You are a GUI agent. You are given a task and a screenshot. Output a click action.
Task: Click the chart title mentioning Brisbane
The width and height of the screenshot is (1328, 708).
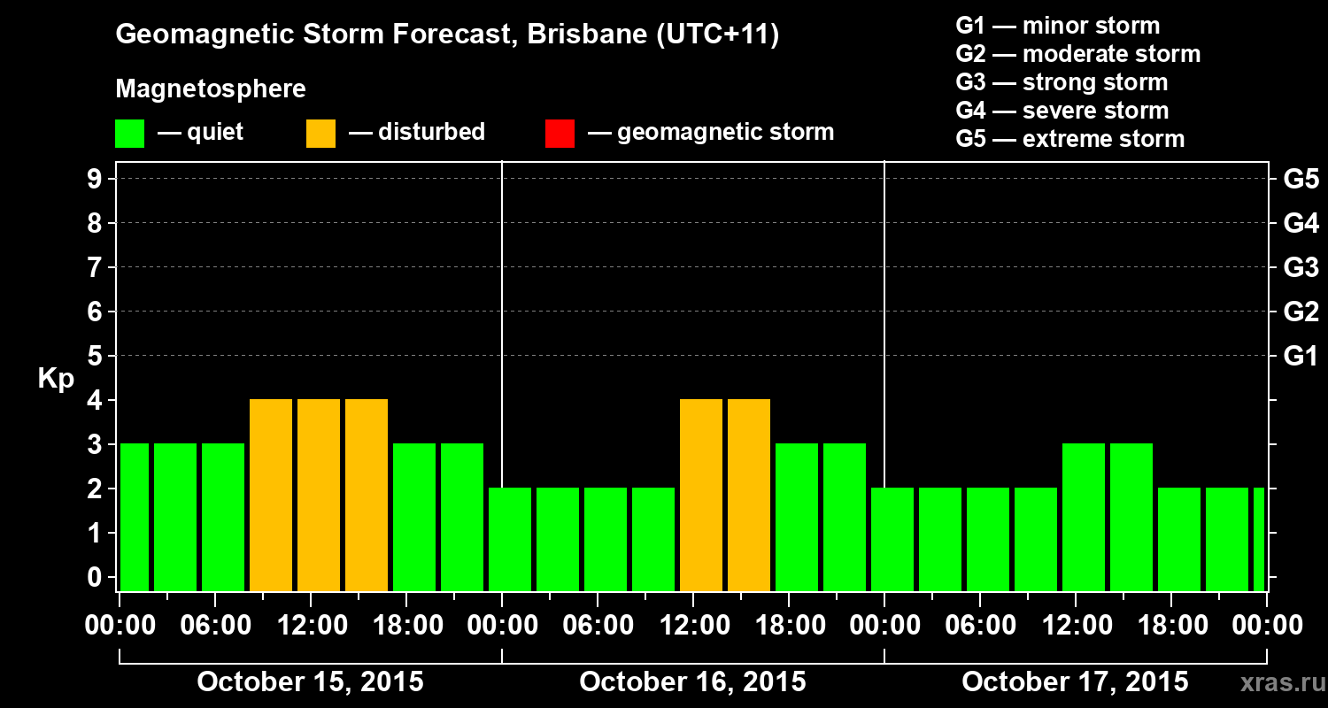pyautogui.click(x=447, y=35)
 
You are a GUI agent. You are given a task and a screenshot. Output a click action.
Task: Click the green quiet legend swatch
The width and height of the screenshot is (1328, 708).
pyautogui.click(x=129, y=134)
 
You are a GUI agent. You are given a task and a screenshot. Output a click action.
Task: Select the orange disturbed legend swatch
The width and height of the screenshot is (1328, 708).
pyautogui.click(x=320, y=134)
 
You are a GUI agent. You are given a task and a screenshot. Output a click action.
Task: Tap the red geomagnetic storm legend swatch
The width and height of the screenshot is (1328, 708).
pyautogui.click(x=560, y=134)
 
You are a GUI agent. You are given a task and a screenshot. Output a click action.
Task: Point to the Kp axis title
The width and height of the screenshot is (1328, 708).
pyautogui.click(x=55, y=379)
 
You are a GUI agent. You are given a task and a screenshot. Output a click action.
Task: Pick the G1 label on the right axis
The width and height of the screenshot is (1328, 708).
pyautogui.click(x=1301, y=357)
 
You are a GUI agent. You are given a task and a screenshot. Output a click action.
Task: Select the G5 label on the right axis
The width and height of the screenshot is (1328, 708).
pyautogui.click(x=1301, y=180)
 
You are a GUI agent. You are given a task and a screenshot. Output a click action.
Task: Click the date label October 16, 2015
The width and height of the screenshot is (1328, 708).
pyautogui.click(x=692, y=682)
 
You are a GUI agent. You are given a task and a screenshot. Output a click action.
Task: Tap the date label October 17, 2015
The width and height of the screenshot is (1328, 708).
pyautogui.click(x=1075, y=682)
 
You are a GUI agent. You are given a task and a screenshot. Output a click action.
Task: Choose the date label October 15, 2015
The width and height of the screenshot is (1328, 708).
pyautogui.click(x=310, y=682)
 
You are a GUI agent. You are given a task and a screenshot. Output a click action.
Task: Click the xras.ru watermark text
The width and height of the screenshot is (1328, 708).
pyautogui.click(x=1276, y=682)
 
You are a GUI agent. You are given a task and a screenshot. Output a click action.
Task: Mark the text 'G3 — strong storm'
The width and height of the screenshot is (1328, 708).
pyautogui.click(x=1062, y=82)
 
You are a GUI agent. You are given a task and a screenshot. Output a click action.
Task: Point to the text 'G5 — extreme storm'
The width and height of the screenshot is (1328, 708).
pyautogui.click(x=1069, y=139)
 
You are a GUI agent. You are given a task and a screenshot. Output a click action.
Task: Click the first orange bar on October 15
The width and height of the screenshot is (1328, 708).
pyautogui.click(x=271, y=496)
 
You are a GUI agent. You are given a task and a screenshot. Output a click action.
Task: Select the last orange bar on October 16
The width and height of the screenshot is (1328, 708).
pyautogui.click(x=749, y=496)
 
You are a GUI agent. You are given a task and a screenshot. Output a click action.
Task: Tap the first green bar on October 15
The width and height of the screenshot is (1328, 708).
pyautogui.click(x=135, y=518)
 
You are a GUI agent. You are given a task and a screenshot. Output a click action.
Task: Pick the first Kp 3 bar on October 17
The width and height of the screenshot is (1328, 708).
pyautogui.click(x=1084, y=518)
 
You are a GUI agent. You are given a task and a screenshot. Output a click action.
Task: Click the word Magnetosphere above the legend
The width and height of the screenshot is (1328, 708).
pyautogui.click(x=211, y=89)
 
